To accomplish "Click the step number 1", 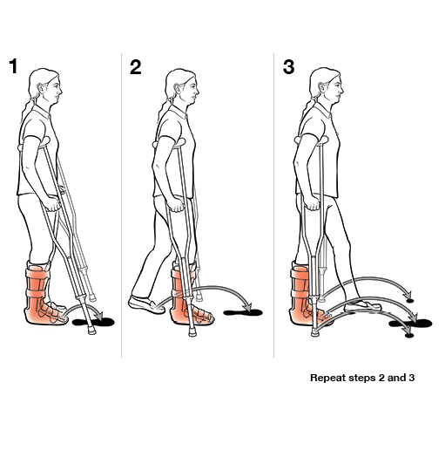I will (x=12, y=67).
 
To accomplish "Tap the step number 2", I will (x=135, y=67).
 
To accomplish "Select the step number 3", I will (x=289, y=67).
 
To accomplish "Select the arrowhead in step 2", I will (x=249, y=307).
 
